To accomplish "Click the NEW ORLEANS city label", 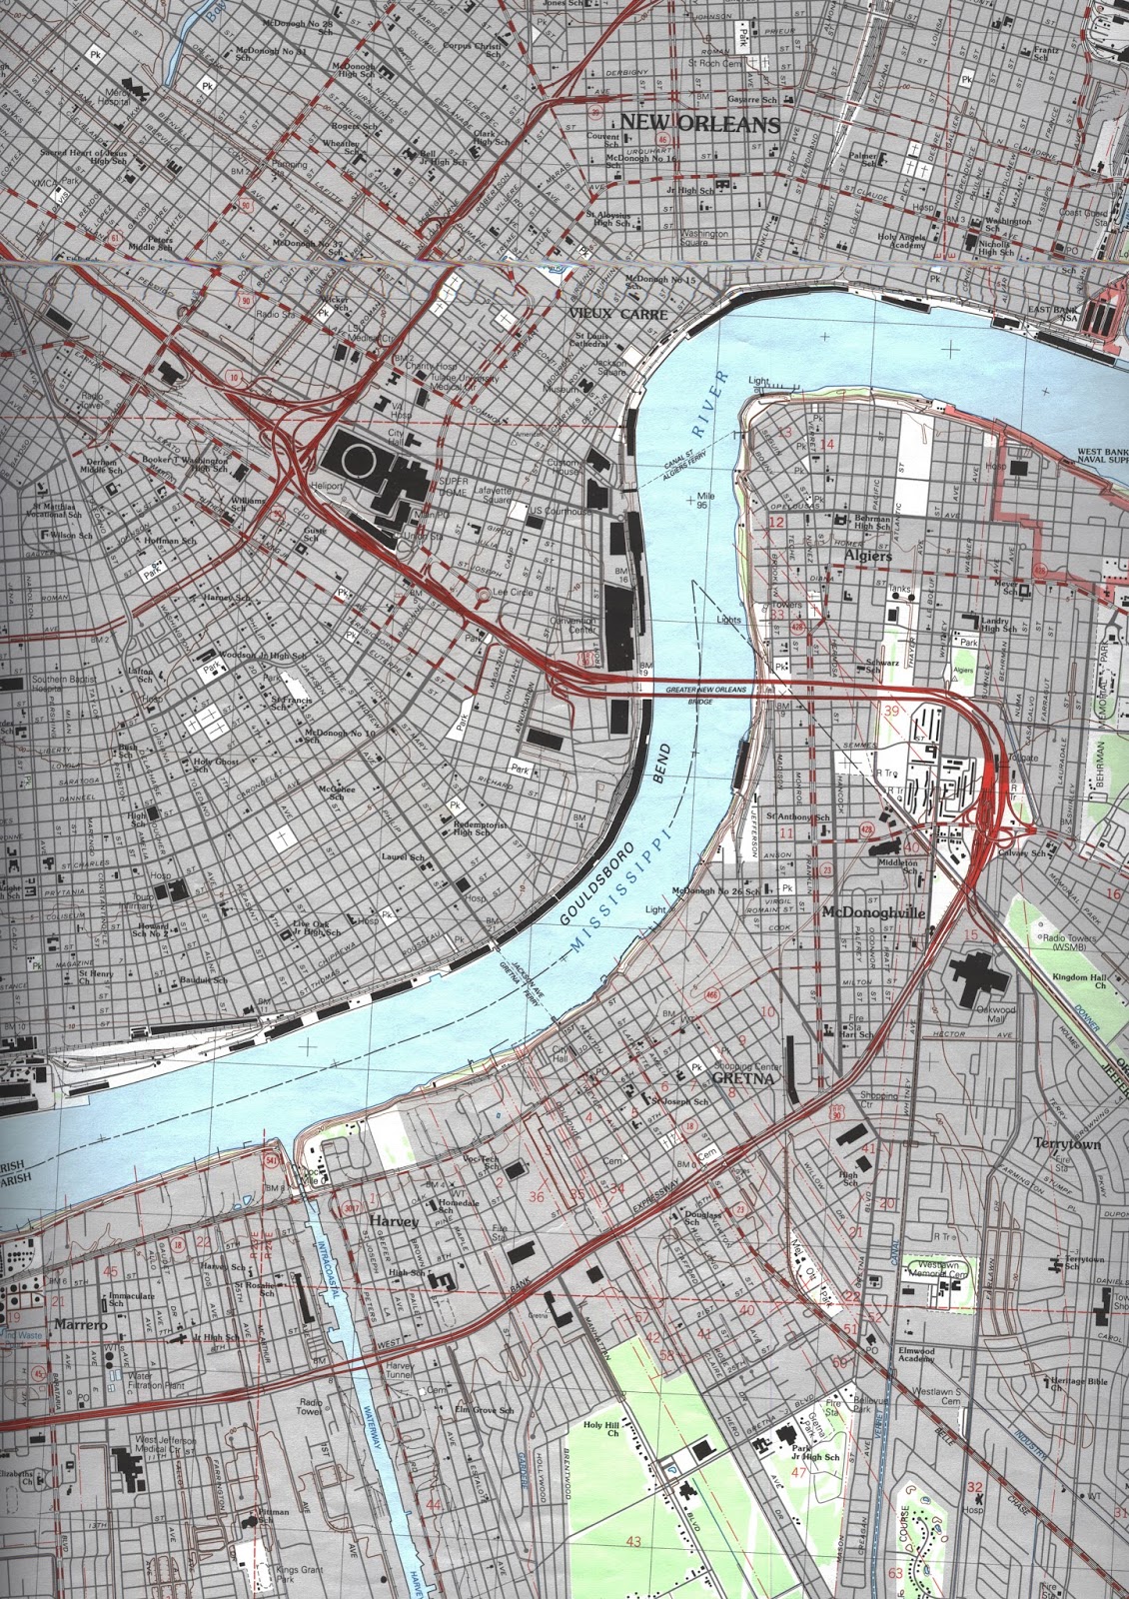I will (x=699, y=124).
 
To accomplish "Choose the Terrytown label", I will (x=1067, y=1143).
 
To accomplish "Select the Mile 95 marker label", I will (x=707, y=503).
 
